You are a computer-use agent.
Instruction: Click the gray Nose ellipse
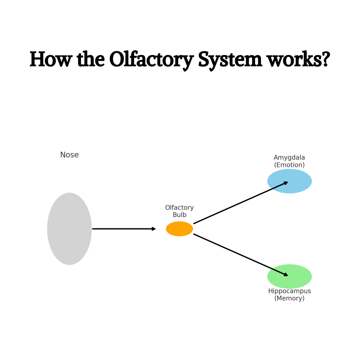[69, 229]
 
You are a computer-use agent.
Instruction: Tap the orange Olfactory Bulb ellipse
[179, 229]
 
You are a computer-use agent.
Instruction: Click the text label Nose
[69, 155]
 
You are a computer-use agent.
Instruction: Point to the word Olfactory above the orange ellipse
[179, 208]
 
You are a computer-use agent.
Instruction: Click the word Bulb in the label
[179, 215]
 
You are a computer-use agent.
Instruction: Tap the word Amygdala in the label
[289, 158]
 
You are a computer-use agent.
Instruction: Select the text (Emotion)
[289, 165]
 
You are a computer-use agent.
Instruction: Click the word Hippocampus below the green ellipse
[289, 291]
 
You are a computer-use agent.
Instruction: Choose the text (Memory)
[289, 299]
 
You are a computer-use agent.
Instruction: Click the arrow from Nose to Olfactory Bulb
[123, 229]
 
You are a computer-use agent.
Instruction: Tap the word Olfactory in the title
[151, 60]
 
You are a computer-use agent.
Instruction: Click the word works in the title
[293, 60]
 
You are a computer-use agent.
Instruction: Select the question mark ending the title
[326, 60]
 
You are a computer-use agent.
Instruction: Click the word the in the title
[91, 60]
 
